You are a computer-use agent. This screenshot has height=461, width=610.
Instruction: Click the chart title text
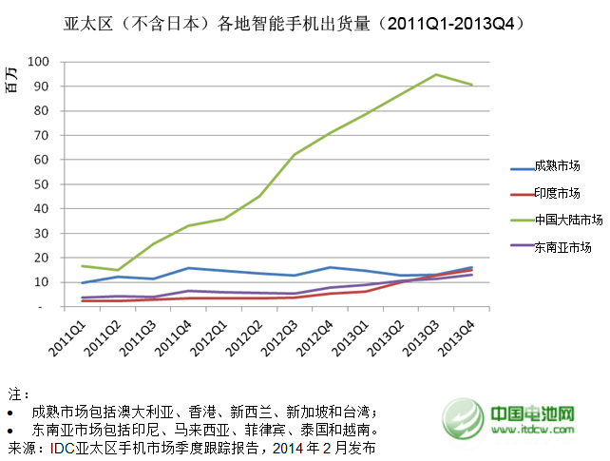tap(305, 20)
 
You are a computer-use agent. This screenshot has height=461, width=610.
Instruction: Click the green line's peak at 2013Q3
tap(436, 74)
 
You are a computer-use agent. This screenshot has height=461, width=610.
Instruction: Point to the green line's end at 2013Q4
tap(472, 85)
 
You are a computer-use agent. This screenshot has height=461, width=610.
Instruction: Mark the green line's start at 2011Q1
tap(83, 266)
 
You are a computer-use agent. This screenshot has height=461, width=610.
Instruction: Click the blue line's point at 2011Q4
tap(189, 268)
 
